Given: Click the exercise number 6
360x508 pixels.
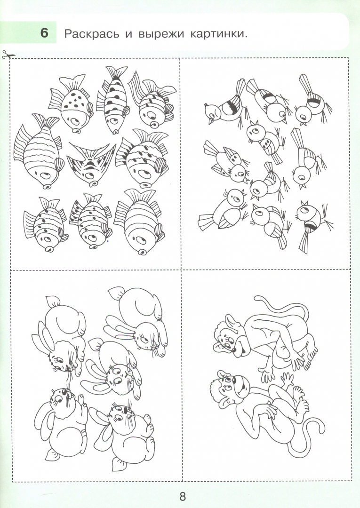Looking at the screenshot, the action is point(44,33).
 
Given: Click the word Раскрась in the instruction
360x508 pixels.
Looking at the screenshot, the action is point(92,34).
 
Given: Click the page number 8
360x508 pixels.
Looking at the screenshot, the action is point(183,496).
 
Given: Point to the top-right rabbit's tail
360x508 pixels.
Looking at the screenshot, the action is point(116,293).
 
